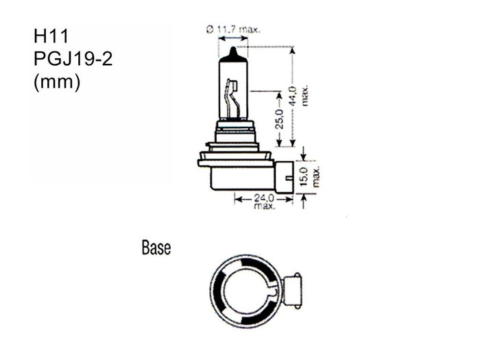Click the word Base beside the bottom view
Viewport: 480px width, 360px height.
[156, 247]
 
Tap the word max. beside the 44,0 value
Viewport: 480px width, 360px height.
[304, 96]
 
